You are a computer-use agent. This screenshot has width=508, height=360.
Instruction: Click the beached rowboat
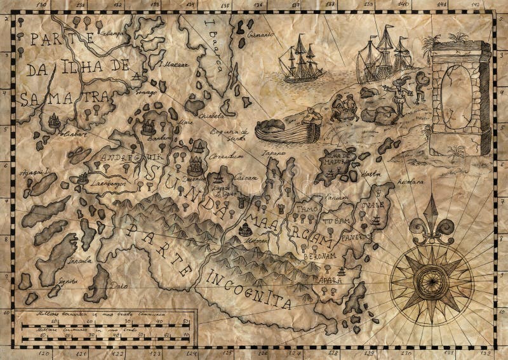pos(288,130)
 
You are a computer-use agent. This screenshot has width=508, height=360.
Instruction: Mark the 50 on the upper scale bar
pos(186,322)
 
